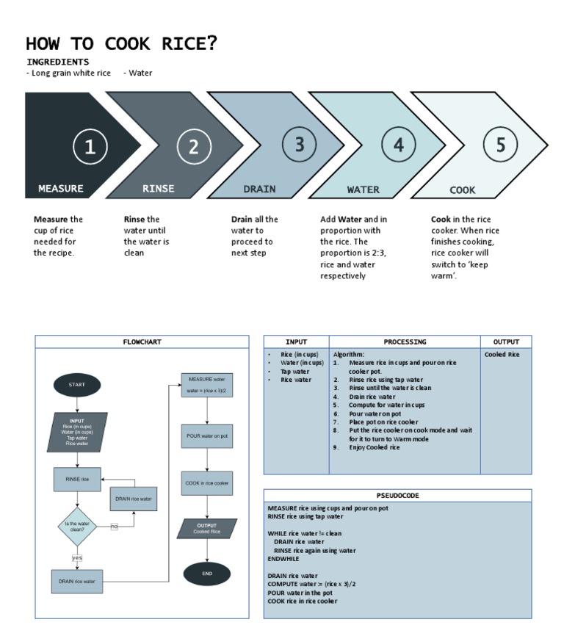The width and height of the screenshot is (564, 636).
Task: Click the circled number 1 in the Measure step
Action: pyautogui.click(x=90, y=147)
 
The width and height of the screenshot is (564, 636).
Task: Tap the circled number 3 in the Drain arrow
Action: pyautogui.click(x=299, y=145)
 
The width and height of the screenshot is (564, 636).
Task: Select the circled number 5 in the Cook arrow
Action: pyautogui.click(x=501, y=145)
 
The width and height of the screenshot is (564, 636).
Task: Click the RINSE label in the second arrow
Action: pyautogui.click(x=159, y=189)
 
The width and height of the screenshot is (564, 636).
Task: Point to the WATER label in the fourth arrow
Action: pyautogui.click(x=363, y=189)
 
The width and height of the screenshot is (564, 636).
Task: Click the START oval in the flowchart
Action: pyautogui.click(x=77, y=385)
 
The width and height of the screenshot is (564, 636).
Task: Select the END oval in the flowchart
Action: pyautogui.click(x=206, y=574)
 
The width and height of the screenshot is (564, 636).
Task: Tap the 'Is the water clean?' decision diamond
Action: pyautogui.click(x=77, y=526)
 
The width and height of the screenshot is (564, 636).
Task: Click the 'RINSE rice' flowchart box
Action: pyautogui.click(x=77, y=479)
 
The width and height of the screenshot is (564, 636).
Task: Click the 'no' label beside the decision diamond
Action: pyautogui.click(x=114, y=527)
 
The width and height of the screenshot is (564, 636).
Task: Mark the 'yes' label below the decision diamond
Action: pyautogui.click(x=77, y=558)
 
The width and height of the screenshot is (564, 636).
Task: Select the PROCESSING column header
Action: pyautogui.click(x=405, y=342)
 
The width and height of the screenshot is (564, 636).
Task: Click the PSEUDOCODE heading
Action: pyautogui.click(x=397, y=496)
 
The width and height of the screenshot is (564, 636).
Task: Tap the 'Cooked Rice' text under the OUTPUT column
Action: pyautogui.click(x=502, y=355)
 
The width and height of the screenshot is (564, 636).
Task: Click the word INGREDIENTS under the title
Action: pyautogui.click(x=58, y=62)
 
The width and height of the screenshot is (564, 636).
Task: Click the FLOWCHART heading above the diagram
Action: pyautogui.click(x=142, y=342)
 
